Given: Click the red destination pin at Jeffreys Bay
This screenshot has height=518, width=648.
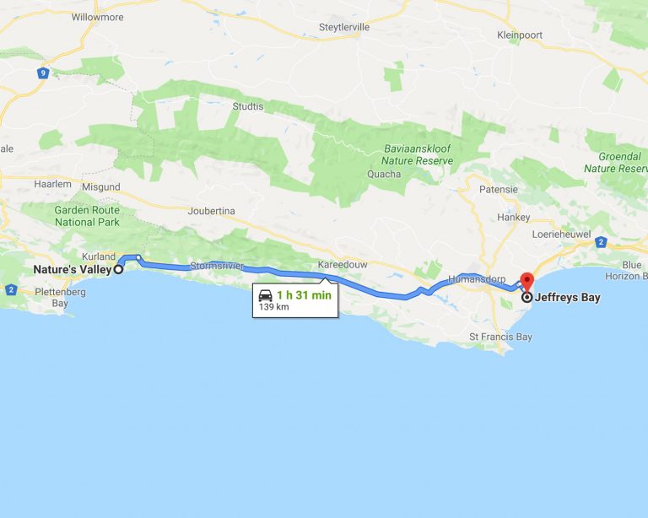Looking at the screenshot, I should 527,282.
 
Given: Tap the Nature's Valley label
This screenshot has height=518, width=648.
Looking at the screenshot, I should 72,270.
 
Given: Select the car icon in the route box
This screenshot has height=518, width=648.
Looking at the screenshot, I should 266,295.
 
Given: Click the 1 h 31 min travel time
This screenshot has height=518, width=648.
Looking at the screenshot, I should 304,294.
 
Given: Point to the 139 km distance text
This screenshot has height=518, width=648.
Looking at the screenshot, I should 273,307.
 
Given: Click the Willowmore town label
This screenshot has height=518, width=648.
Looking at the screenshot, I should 96,17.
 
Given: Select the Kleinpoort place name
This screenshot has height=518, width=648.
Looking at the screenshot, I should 520,35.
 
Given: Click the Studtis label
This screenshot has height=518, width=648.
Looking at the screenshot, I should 248,106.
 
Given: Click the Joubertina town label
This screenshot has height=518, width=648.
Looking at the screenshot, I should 212,211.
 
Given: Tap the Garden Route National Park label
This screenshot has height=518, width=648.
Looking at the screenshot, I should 87,216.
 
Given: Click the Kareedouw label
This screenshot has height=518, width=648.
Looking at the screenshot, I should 343,265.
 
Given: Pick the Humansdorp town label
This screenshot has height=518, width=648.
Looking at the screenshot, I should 477,278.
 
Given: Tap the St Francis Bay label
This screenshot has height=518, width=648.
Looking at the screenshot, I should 500,337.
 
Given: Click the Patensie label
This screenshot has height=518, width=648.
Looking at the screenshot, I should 498,190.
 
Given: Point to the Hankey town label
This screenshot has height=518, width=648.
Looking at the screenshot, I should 513,217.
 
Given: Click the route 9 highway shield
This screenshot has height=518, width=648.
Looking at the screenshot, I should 42,73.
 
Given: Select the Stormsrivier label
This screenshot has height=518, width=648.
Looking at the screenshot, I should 218,266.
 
